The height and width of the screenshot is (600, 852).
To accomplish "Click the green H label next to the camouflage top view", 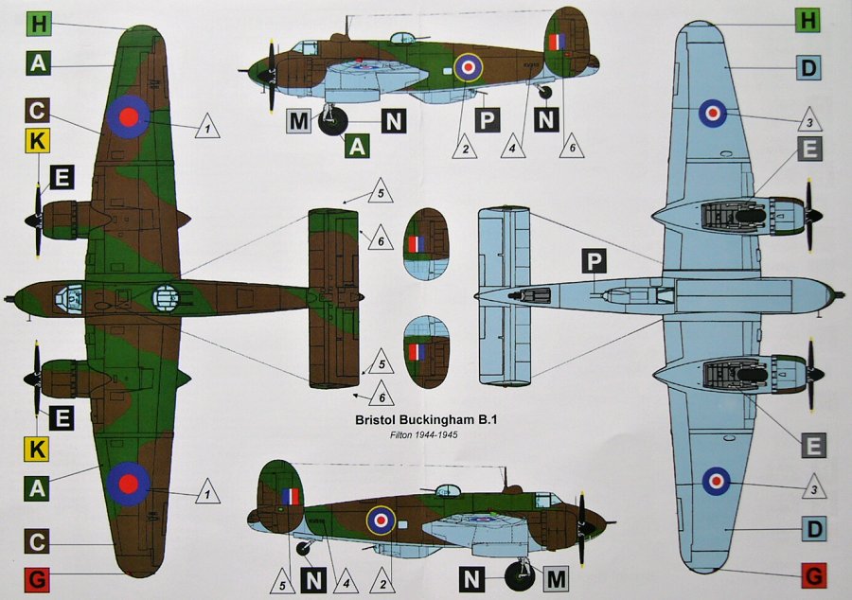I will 38,23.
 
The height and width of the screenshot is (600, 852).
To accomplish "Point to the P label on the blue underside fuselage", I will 595,263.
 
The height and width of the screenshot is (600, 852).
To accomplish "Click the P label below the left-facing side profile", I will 488,120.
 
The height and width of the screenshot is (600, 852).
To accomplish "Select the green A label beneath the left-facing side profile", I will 358,145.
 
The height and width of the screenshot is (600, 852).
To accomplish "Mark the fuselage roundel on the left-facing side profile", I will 468,66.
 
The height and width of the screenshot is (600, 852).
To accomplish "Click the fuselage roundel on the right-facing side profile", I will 382,519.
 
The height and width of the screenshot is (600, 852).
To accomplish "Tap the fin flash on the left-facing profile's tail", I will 556,41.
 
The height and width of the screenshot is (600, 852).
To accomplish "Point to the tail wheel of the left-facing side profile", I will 544,92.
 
